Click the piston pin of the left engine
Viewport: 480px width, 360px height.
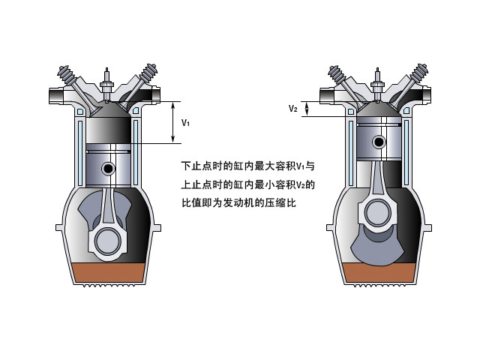pos(109,169)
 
